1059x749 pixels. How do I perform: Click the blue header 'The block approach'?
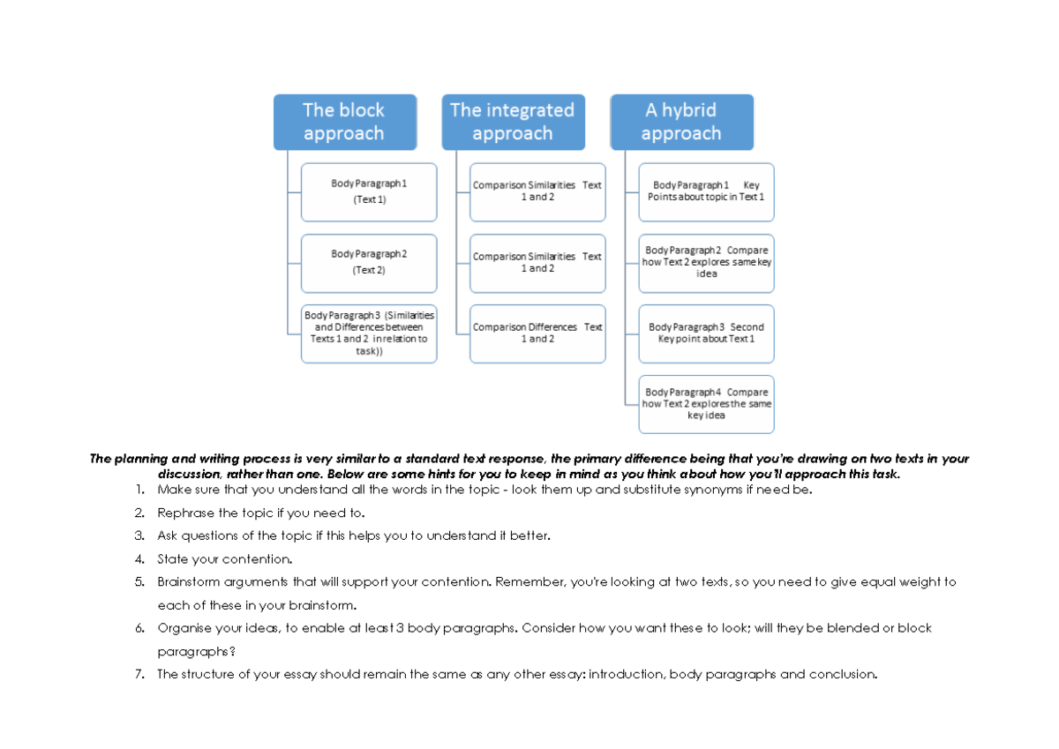click(x=344, y=122)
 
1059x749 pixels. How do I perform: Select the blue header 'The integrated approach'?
click(x=512, y=122)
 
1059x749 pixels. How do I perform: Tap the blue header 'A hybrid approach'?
click(x=681, y=122)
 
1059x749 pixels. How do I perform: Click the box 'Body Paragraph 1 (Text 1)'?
click(x=369, y=191)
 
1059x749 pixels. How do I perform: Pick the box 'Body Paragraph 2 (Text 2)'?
click(x=369, y=262)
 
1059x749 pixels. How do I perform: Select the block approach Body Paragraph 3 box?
click(x=369, y=333)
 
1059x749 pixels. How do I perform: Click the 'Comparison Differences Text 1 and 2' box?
click(x=537, y=333)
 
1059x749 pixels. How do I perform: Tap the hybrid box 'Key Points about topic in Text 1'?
click(x=706, y=191)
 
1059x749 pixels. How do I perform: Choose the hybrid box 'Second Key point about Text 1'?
click(x=706, y=333)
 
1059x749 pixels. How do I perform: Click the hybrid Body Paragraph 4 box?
click(x=706, y=403)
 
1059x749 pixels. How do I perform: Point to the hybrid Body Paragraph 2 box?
click(x=706, y=262)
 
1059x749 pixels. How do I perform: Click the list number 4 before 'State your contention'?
click(x=139, y=559)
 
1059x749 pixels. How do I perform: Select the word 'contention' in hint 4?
click(x=256, y=559)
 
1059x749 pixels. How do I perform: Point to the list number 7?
click(x=139, y=675)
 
